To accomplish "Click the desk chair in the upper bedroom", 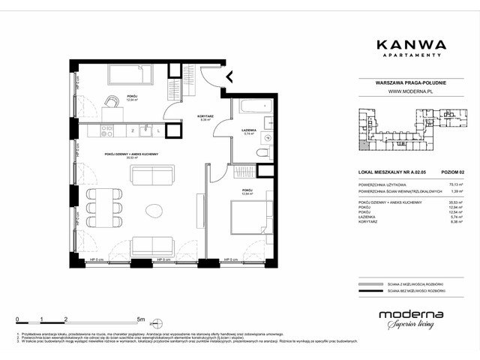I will pyautogui.click(x=111, y=102).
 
